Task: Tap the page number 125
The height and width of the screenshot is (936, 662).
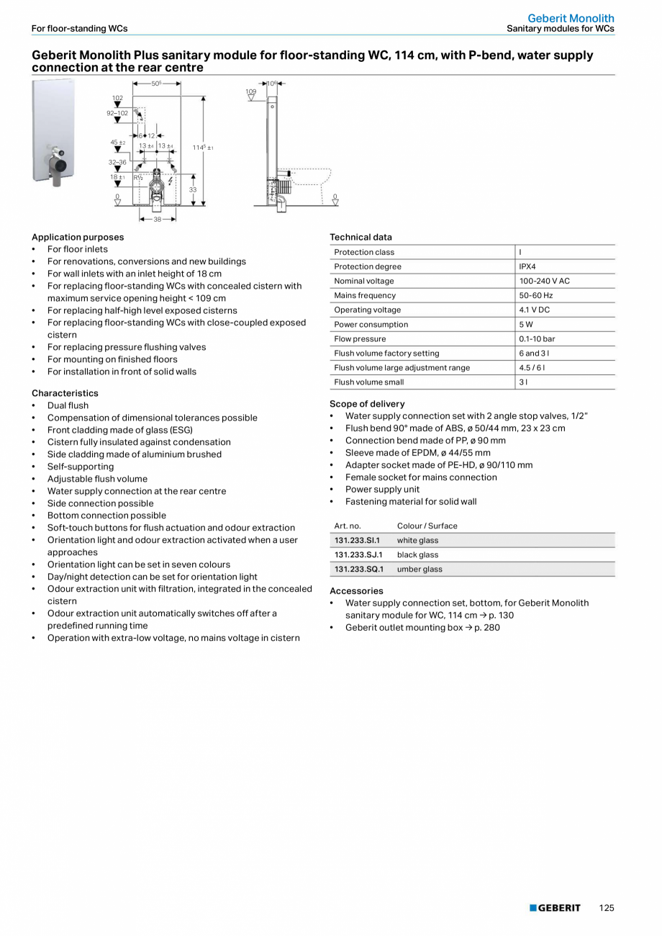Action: [607, 908]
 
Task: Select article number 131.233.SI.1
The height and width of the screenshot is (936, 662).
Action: [357, 540]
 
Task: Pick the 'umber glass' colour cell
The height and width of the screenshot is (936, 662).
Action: [420, 569]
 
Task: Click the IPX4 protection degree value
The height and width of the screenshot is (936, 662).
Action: [527, 266]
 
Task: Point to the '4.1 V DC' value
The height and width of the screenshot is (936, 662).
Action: [535, 310]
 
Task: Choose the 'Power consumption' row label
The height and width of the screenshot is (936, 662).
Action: [371, 324]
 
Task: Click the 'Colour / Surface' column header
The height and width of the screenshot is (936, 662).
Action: [427, 526]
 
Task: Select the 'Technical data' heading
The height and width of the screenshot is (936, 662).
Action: [361, 237]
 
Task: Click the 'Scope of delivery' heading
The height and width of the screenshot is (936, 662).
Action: [367, 404]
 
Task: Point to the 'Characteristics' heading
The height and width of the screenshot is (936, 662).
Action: [65, 393]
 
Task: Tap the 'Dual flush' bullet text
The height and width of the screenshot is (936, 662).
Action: [68, 405]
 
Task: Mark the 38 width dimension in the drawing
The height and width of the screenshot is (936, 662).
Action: [157, 219]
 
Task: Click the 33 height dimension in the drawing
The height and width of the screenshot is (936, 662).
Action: [193, 189]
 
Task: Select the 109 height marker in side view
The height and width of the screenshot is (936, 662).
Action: [250, 92]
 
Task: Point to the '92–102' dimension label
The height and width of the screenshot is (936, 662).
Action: [117, 113]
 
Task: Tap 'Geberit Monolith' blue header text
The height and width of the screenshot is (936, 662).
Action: [571, 18]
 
